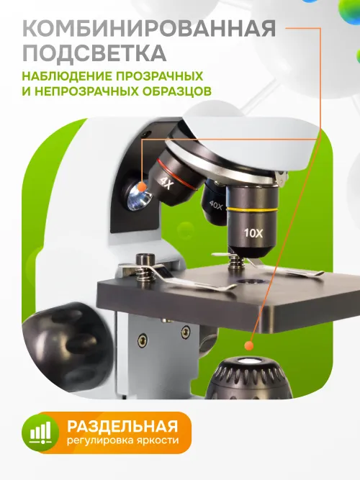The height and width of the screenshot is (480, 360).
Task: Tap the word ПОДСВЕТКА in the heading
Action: (x=94, y=53)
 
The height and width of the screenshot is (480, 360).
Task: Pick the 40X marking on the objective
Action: (x=215, y=204)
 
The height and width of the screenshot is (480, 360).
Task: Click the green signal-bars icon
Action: (x=41, y=431)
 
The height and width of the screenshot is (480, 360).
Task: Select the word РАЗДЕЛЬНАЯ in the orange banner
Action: (x=122, y=424)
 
